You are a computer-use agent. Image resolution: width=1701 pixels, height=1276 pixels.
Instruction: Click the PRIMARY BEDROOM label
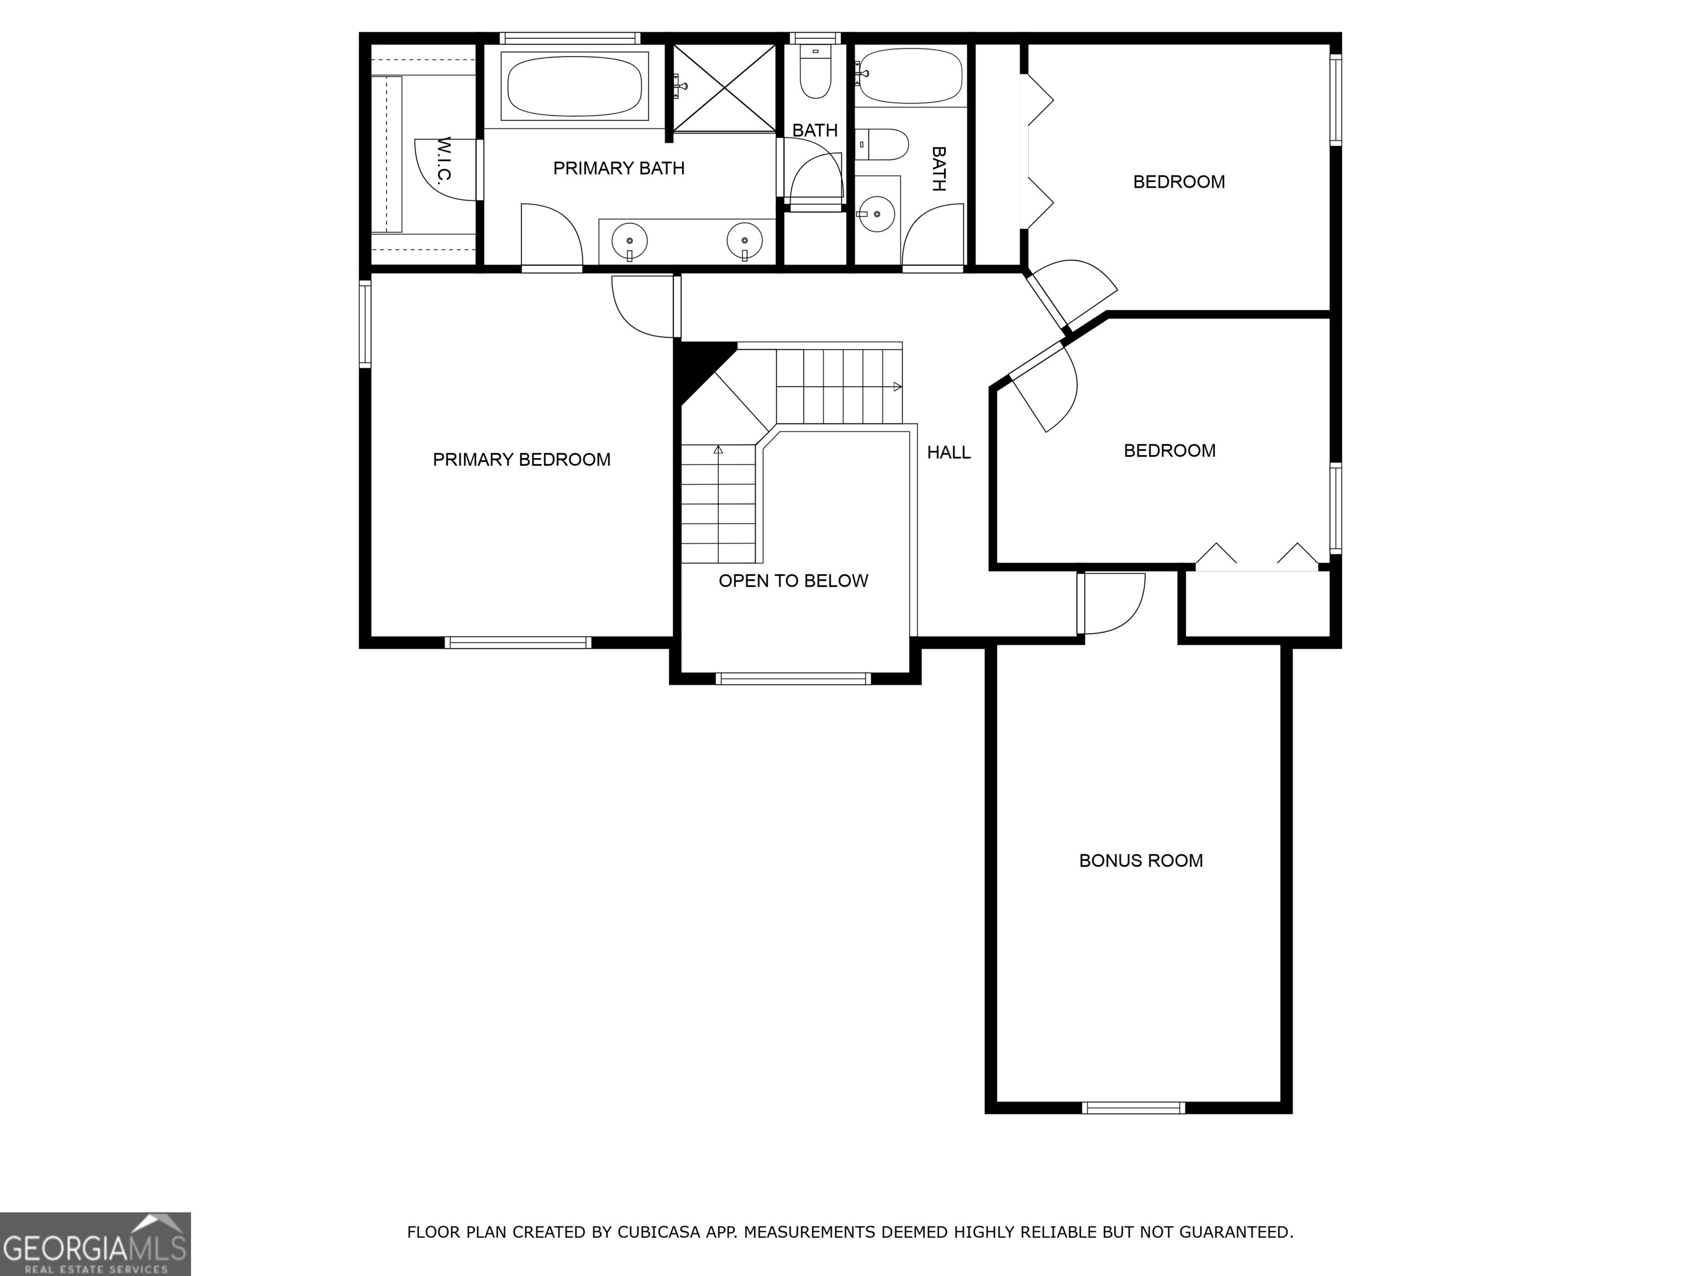point(522,459)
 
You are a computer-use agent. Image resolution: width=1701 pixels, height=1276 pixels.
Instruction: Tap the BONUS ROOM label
point(1141,861)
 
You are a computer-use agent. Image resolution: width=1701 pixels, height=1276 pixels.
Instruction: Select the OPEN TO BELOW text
point(793,581)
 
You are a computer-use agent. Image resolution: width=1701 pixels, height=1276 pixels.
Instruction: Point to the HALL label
point(948,452)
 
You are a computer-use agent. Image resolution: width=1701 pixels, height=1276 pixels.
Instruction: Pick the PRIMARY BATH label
point(618,168)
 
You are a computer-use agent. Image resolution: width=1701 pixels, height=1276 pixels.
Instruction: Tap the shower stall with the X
point(724,87)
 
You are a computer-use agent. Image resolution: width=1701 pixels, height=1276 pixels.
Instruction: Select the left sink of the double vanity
point(629,242)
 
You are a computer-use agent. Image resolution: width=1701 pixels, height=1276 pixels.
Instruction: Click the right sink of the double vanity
point(744,241)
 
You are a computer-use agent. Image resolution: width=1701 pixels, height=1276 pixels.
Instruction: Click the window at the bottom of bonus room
point(1133,1108)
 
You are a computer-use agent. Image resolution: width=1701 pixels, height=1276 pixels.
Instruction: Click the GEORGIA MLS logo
point(95,1244)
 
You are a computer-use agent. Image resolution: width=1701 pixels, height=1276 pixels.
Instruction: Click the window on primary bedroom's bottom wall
point(518,642)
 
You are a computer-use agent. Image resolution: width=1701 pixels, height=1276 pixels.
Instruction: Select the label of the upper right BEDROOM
point(1178,182)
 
